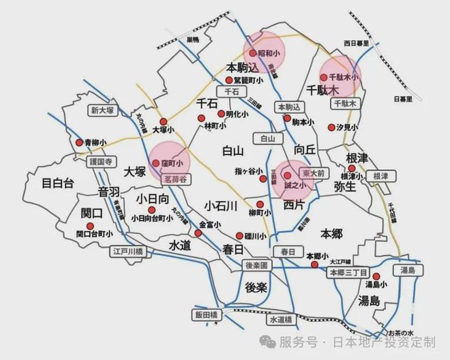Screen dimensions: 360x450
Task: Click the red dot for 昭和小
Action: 252,52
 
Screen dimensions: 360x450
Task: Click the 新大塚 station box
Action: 103,110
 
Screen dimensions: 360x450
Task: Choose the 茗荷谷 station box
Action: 167,179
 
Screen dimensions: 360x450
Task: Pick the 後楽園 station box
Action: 258,265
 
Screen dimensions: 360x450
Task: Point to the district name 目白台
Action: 57,183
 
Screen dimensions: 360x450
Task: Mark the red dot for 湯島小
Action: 376,276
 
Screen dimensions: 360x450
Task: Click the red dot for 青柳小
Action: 79,142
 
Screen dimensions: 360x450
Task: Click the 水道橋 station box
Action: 280,319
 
